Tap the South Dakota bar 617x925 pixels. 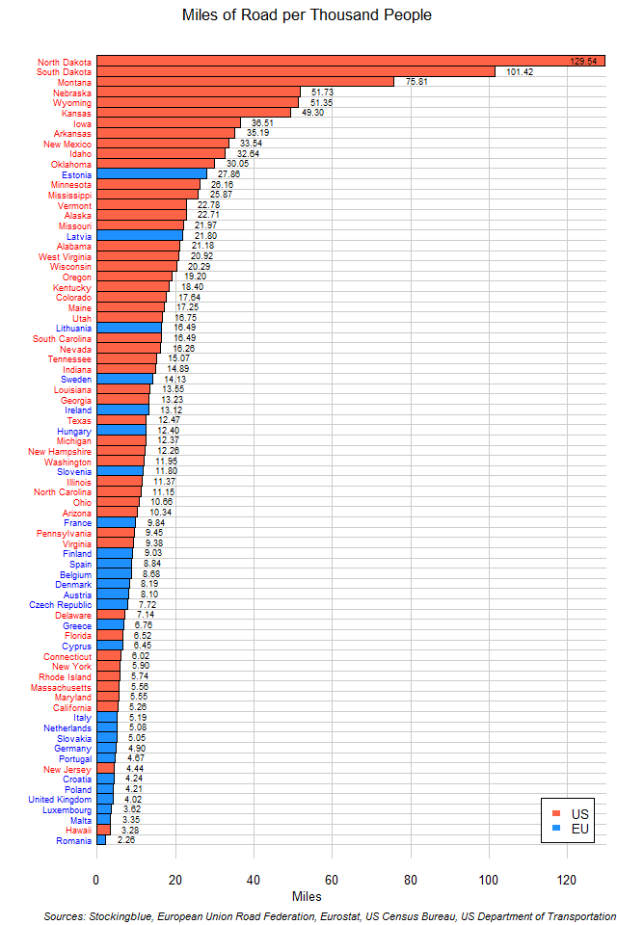295,71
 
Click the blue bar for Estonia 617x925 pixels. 151,173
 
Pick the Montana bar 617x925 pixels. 245,82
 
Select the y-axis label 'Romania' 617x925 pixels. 74,840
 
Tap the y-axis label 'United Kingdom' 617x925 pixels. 60,799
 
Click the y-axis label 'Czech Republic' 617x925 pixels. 63,604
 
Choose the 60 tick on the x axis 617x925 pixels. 332,879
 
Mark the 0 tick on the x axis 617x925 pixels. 96,879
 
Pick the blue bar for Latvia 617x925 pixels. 140,235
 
